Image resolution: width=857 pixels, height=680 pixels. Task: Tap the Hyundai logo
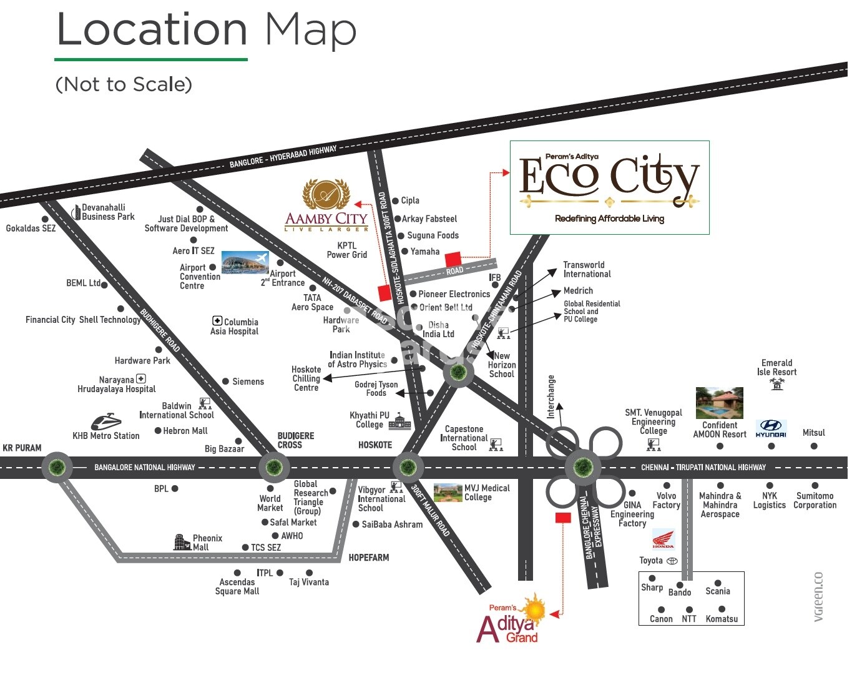(771, 428)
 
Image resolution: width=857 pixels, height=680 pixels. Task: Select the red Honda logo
(663, 538)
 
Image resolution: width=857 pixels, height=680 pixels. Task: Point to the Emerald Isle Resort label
(776, 367)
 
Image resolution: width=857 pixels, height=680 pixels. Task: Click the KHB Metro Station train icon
(107, 421)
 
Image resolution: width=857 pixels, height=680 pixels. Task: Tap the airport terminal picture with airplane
(244, 263)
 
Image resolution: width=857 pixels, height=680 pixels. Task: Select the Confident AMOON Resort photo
(720, 403)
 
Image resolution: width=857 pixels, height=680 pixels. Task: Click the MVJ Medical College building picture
(448, 492)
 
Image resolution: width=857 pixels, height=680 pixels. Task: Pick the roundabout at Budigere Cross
(273, 466)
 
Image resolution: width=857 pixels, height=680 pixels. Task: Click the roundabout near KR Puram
(57, 466)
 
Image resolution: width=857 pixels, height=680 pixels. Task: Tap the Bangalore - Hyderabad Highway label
(283, 157)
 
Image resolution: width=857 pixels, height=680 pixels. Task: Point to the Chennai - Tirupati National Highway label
(703, 467)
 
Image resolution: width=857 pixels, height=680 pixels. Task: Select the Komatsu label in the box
(722, 619)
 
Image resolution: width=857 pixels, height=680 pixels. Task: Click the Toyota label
(651, 561)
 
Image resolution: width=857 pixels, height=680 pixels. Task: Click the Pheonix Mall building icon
(181, 542)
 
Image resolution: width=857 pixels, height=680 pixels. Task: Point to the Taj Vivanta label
(309, 582)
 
